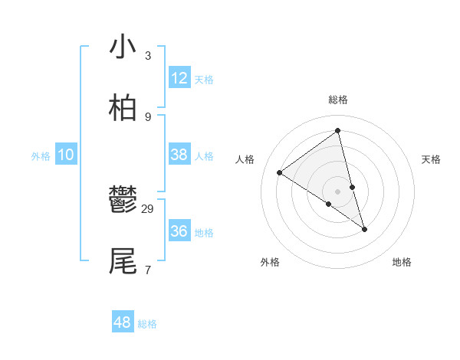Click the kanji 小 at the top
123,47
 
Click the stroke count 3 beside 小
147,56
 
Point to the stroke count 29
148,209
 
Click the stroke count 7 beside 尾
147,270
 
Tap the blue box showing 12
179,78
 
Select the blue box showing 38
179,155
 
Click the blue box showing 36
179,231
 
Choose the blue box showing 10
66,155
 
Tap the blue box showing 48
123,322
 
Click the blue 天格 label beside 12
204,80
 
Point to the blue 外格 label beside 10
41,156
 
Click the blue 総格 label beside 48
147,324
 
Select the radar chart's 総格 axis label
337,100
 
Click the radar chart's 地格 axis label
402,262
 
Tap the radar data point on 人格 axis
280,173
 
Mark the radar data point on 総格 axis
337,130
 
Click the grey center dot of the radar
337,191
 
